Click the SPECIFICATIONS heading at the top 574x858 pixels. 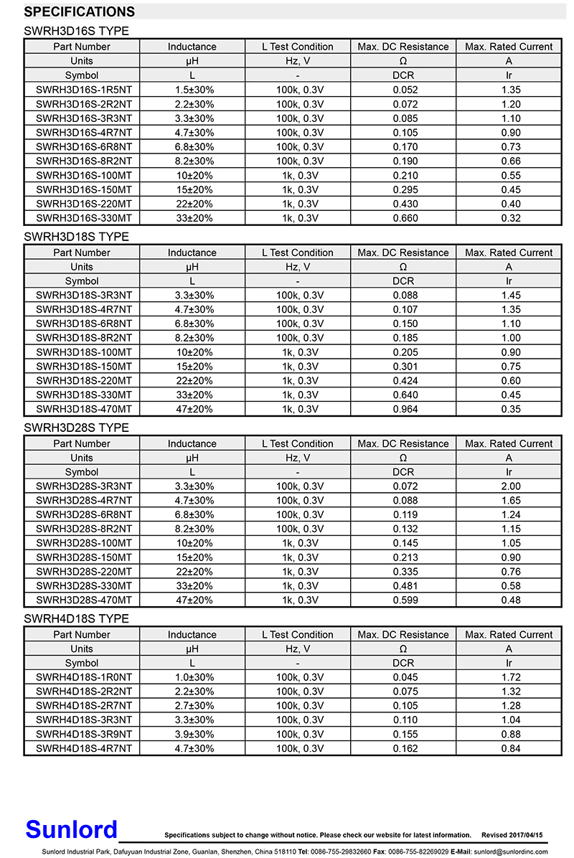click(79, 12)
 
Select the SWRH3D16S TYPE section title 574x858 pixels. click(76, 31)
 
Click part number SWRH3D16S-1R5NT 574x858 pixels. click(83, 90)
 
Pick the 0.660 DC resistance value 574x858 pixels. click(405, 218)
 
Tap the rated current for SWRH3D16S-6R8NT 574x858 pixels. click(511, 147)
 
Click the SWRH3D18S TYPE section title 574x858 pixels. click(76, 237)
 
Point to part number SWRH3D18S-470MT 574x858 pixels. click(83, 409)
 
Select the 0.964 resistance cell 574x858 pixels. click(405, 409)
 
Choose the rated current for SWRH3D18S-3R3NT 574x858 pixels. click(511, 296)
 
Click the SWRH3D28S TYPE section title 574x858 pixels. click(76, 428)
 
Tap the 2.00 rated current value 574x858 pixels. click(511, 486)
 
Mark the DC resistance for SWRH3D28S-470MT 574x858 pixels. click(405, 600)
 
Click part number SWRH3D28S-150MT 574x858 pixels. click(83, 557)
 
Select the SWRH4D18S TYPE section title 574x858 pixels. click(76, 618)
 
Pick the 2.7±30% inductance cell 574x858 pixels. click(194, 706)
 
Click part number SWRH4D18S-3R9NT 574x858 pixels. click(83, 734)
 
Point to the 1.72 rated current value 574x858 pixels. click(511, 677)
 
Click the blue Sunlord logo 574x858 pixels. click(71, 830)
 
